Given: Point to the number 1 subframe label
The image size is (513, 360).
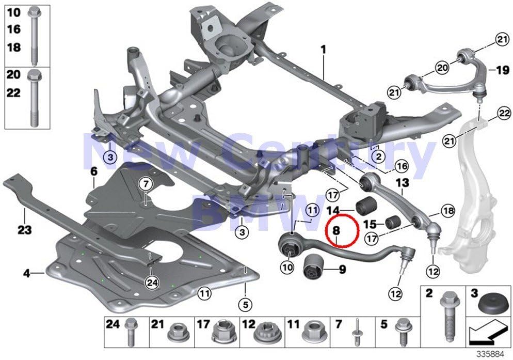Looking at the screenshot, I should point(324,51).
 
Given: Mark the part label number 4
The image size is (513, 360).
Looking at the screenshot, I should point(26,272).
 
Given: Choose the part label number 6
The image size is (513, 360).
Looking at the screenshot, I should point(93,171).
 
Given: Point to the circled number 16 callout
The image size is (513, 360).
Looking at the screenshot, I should point(400,166).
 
